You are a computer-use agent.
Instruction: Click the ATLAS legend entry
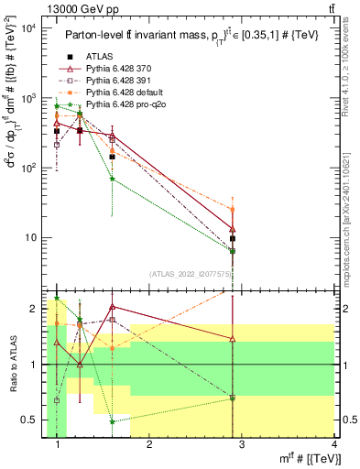coord(101,56)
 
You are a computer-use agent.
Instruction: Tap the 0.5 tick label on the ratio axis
coord(33,420)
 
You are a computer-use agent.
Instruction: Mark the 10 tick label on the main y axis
coord(30,238)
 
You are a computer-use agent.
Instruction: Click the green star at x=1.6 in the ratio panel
coord(112,422)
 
